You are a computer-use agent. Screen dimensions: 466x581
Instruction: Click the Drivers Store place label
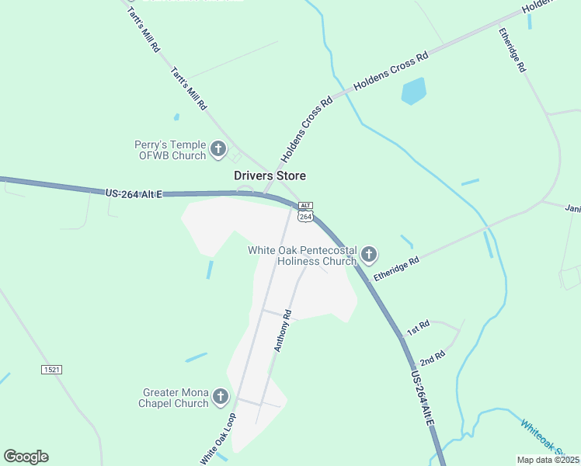point(270,176)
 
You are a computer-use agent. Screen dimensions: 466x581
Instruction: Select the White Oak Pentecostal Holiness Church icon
point(369,254)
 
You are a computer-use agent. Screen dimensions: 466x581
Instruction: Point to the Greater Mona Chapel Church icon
point(220,397)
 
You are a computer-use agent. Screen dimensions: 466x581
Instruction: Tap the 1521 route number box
point(51,370)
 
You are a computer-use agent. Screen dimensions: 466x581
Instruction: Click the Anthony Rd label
point(282,331)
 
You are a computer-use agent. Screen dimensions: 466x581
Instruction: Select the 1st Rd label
point(418,328)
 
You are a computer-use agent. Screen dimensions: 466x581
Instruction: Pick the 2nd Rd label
point(432,358)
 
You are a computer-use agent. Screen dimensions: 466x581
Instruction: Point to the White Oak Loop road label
point(218,439)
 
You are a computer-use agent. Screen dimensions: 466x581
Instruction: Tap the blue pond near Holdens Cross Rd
point(413,91)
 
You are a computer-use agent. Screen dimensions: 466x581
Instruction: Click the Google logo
point(26,457)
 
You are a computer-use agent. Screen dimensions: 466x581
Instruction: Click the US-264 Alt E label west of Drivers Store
point(134,193)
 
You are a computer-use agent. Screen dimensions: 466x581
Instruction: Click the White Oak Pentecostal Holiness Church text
point(302,256)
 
